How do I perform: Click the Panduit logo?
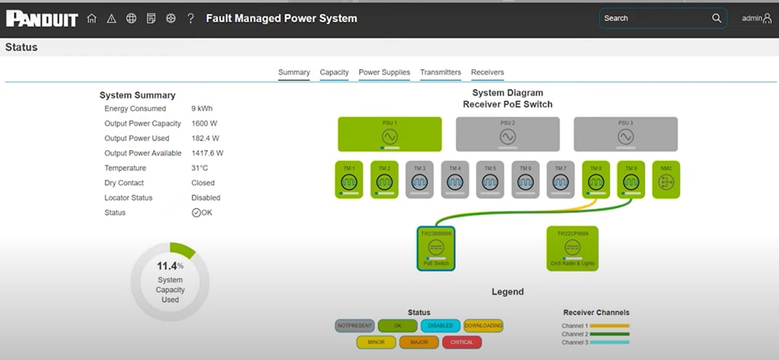click(x=42, y=18)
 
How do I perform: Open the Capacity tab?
click(x=334, y=73)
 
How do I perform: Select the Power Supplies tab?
click(x=384, y=73)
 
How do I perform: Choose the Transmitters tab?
click(x=440, y=73)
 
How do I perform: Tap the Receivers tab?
click(x=487, y=73)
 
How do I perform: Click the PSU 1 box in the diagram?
click(x=389, y=134)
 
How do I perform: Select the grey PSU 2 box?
click(x=507, y=134)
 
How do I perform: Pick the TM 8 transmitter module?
click(x=595, y=180)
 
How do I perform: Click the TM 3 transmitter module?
click(x=419, y=180)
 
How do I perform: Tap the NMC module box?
click(x=665, y=180)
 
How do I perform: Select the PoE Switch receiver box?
click(x=435, y=248)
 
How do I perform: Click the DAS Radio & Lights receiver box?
click(x=572, y=248)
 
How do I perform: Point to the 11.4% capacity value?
click(x=169, y=266)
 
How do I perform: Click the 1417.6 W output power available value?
click(x=207, y=153)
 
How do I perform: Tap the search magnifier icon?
click(x=717, y=18)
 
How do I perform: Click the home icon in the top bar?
click(x=91, y=18)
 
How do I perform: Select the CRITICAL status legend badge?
click(x=461, y=342)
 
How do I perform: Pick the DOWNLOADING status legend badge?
click(x=483, y=326)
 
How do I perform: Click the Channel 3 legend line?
click(x=608, y=343)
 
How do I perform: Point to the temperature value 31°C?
click(x=200, y=168)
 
